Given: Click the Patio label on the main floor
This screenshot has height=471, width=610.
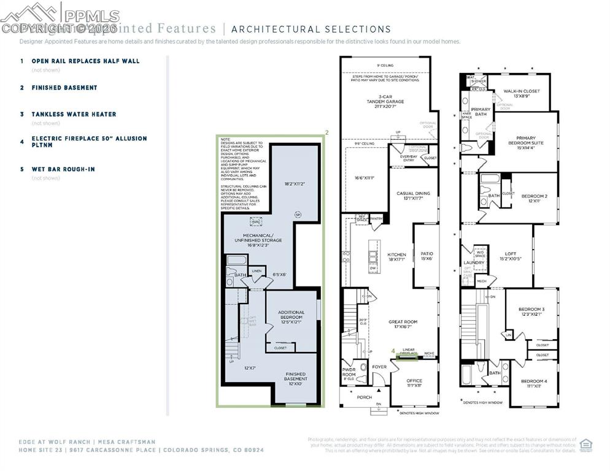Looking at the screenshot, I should (x=427, y=256).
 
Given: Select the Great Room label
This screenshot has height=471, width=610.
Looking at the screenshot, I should (x=403, y=324).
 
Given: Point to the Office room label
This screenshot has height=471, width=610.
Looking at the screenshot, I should (x=414, y=383).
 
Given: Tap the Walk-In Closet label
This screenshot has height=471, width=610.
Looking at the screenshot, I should (x=522, y=93).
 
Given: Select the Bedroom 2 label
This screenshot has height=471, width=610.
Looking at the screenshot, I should (x=534, y=198).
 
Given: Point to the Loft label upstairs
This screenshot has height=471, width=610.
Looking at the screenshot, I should (x=510, y=256).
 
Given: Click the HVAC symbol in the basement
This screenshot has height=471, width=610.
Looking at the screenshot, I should (x=256, y=223).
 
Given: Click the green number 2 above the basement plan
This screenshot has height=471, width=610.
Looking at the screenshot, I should (x=326, y=132).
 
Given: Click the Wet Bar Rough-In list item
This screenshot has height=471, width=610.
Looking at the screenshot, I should (x=63, y=169).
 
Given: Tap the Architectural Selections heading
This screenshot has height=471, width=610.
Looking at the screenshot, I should (x=311, y=29).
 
